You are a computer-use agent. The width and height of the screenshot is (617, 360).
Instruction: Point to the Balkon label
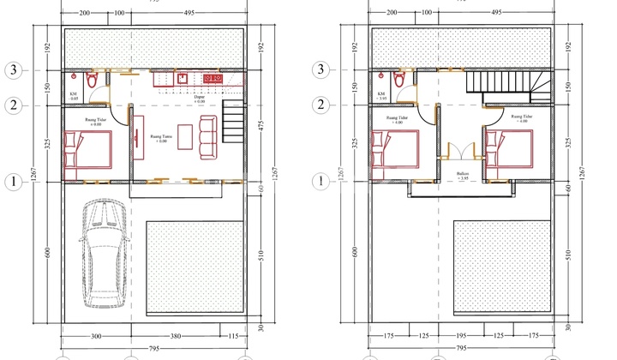click(462, 176)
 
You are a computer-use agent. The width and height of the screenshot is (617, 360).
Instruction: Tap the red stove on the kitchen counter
click(212, 79)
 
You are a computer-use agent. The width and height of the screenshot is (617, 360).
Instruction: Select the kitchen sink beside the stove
click(183, 78)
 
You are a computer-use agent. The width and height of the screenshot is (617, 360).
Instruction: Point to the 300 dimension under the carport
click(96, 337)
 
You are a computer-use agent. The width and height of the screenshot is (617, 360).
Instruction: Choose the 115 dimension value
click(229, 337)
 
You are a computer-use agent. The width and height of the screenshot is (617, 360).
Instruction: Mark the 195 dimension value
click(461, 337)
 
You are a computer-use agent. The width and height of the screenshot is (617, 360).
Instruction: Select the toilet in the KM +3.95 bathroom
click(398, 79)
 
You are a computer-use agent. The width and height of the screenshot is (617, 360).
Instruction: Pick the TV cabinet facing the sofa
click(135, 137)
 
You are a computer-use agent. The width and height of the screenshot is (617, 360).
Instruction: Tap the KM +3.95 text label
click(381, 95)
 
